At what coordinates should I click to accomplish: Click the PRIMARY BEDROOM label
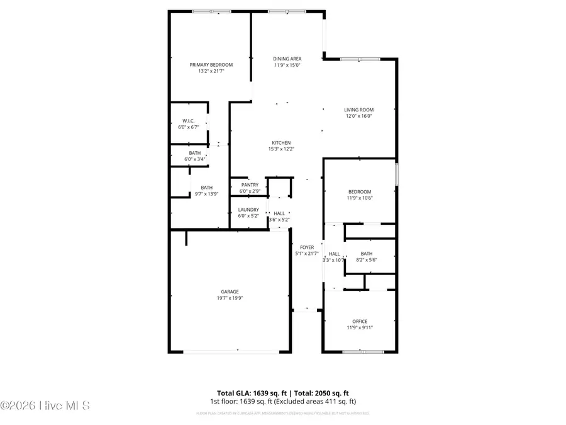tap(211, 65)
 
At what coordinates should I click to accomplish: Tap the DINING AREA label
tap(287, 59)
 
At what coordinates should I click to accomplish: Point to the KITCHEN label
tap(281, 142)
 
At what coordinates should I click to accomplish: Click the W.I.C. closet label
tap(188, 120)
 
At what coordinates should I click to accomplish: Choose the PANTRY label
tap(249, 184)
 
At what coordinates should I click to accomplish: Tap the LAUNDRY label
tap(248, 210)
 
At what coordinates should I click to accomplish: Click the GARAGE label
tap(230, 292)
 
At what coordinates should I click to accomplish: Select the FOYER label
tap(307, 247)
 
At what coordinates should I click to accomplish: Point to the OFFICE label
tap(360, 322)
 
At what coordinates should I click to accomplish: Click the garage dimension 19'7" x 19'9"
tap(230, 298)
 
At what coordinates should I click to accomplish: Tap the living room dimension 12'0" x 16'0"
tap(358, 116)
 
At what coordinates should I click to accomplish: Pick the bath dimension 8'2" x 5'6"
tap(367, 260)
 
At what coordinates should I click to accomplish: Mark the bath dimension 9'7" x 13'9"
tap(206, 194)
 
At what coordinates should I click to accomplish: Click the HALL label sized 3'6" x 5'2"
tap(279, 213)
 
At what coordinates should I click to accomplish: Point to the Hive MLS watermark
tap(45, 405)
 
